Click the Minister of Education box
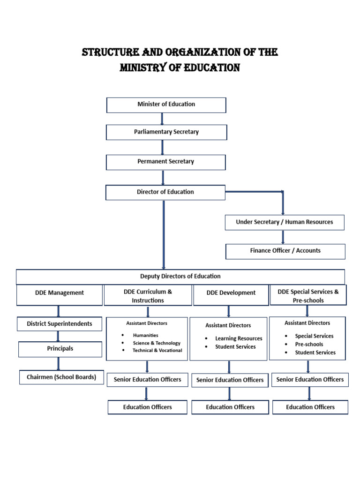tap(166, 105)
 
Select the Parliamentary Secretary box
tap(166, 132)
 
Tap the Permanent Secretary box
tap(165, 162)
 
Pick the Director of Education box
tap(165, 192)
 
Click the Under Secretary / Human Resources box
tap(285, 222)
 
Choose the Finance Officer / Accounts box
tap(285, 251)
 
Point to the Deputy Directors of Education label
tap(180, 277)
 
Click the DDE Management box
tap(60, 293)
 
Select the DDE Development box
tap(231, 293)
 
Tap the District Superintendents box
tap(60, 324)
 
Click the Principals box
tap(60, 349)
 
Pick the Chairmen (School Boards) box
tap(61, 377)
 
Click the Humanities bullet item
tap(145, 336)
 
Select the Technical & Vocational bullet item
tap(157, 351)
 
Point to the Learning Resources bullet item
tap(239, 338)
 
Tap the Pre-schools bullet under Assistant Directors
tap(309, 345)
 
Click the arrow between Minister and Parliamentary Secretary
tap(162, 119)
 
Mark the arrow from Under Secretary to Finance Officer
tap(283, 237)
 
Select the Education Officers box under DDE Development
tap(230, 407)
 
